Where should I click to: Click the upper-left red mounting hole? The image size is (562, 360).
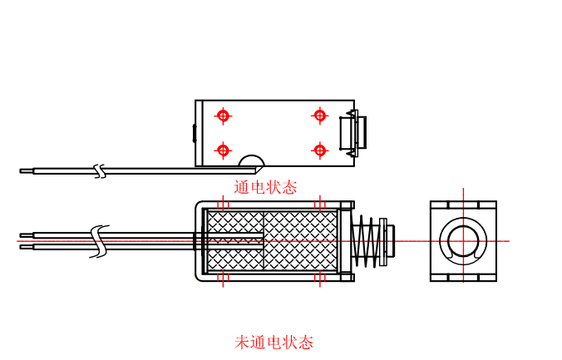coord(223,116)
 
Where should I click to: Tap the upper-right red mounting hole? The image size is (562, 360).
coord(319,116)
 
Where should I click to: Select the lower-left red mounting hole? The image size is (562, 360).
coord(223,150)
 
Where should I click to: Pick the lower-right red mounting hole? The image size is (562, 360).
coord(319,150)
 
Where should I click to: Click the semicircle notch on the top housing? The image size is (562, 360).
coord(252,161)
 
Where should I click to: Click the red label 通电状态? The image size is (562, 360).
coord(265,187)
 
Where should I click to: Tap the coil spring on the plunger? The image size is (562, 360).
coord(364,241)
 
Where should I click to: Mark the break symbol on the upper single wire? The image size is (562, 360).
coord(101,170)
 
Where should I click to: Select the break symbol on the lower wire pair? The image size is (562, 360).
coord(101,240)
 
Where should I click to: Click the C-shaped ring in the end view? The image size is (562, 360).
coord(463,240)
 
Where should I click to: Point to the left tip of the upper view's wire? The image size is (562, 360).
coord(22,170)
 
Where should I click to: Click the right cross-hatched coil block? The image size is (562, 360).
coord(301,240)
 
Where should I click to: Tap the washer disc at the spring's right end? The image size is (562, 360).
coord(383,241)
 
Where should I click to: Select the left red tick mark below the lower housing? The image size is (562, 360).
coord(222,280)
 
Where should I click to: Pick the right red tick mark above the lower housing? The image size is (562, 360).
coord(319,203)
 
